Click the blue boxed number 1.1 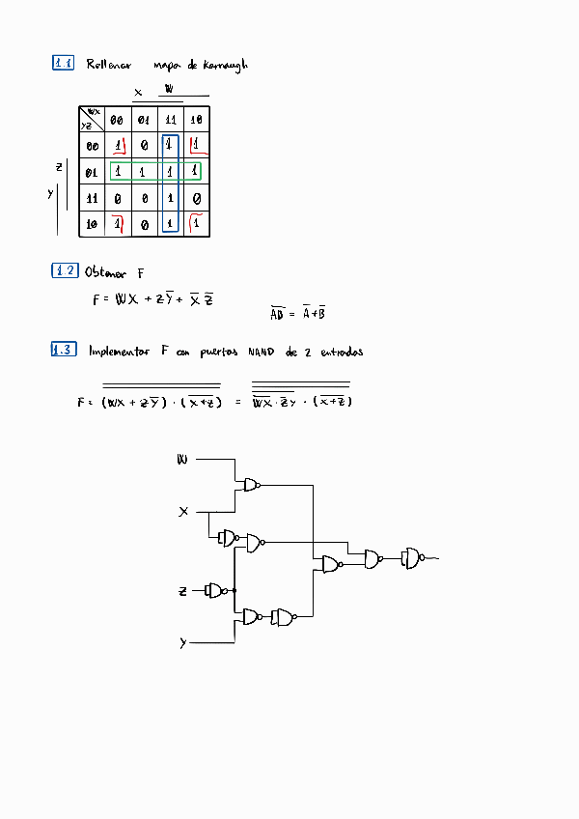[64, 64]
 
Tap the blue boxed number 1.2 [64, 270]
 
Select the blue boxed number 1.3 [64, 351]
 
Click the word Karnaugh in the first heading [225, 65]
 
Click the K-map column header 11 [170, 120]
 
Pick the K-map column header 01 [143, 120]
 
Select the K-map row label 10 [93, 224]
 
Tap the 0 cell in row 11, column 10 [196, 199]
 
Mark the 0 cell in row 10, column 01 [144, 225]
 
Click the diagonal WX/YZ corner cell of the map [92, 119]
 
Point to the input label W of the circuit [181, 460]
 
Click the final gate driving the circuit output [412, 557]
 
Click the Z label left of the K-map [59, 167]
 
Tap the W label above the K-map [170, 89]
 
